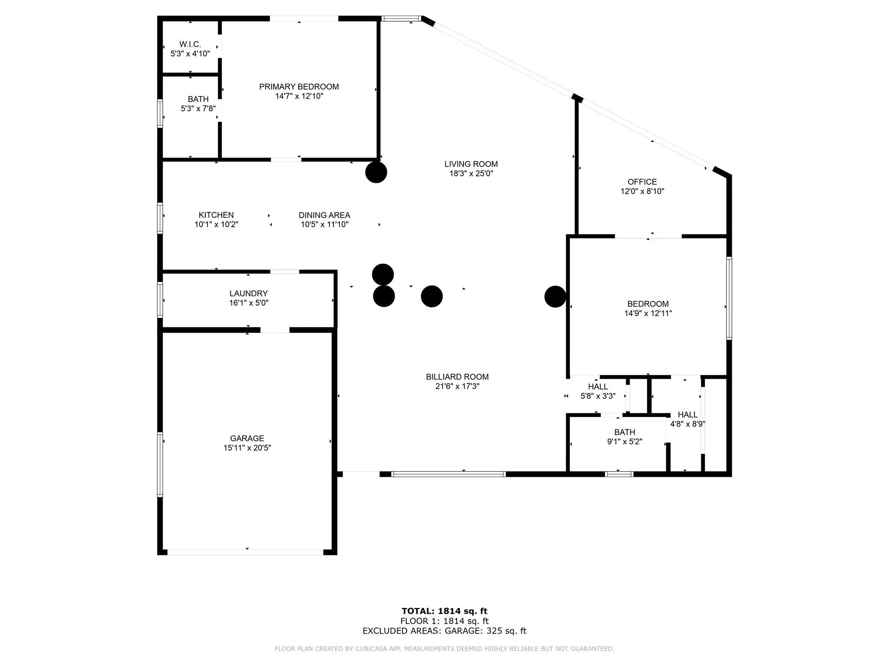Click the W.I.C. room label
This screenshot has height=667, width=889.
click(190, 44)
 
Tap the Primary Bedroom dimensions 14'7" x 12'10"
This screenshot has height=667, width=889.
click(299, 96)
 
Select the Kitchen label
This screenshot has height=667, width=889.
click(216, 215)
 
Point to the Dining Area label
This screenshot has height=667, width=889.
click(324, 215)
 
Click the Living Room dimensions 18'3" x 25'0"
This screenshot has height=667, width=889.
click(471, 173)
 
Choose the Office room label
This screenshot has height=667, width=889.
click(642, 182)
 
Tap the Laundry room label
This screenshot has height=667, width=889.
click(249, 294)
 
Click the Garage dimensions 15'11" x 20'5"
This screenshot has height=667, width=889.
click(247, 448)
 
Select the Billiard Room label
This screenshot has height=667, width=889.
click(457, 377)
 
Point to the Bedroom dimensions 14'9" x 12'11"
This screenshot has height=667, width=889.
click(648, 313)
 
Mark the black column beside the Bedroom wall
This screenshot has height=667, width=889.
click(555, 297)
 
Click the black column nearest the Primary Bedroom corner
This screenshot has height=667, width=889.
click(376, 172)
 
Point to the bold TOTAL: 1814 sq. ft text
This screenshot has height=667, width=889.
click(444, 611)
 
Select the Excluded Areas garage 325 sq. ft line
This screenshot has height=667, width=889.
click(444, 631)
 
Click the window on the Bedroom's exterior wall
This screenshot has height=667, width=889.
click(729, 298)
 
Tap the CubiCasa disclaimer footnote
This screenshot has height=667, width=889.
click(444, 649)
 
